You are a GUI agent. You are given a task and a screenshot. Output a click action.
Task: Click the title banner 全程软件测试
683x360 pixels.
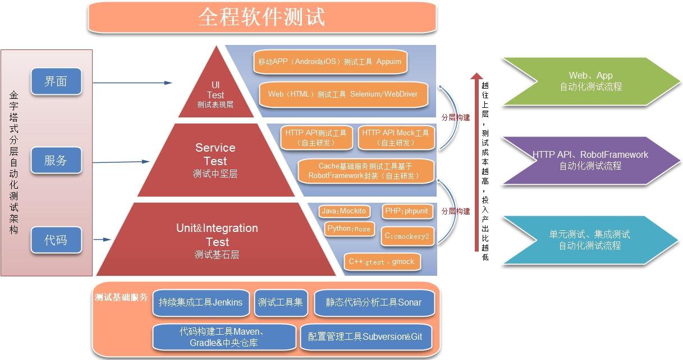pyautogui.click(x=262, y=17)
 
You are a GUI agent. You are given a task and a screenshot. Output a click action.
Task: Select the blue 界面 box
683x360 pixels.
pyautogui.click(x=56, y=81)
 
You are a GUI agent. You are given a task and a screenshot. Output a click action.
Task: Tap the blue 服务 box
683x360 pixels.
pyautogui.click(x=56, y=161)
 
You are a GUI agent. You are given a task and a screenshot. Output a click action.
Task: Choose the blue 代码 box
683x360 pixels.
pyautogui.click(x=56, y=240)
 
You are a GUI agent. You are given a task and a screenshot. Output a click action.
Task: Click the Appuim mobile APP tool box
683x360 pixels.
pyautogui.click(x=330, y=62)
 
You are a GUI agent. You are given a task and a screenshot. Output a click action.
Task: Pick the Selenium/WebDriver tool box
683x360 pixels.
pyautogui.click(x=343, y=94)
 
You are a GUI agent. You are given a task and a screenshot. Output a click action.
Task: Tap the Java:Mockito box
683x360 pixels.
pyautogui.click(x=343, y=211)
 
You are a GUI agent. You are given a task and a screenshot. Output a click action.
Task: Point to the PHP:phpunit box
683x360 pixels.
pyautogui.click(x=406, y=211)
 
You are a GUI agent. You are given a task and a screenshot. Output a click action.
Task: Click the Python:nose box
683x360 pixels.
pyautogui.click(x=349, y=229)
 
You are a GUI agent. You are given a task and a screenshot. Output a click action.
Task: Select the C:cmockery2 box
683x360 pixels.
pyautogui.click(x=407, y=236)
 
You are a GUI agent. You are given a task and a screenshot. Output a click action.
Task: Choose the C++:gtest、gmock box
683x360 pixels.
pyautogui.click(x=381, y=262)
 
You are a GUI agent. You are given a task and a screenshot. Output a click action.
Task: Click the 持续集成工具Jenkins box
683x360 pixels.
pyautogui.click(x=200, y=303)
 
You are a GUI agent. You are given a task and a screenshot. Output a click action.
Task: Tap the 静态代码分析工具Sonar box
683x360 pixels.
pyautogui.click(x=374, y=303)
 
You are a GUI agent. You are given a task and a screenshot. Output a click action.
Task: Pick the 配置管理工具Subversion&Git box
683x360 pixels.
pyautogui.click(x=365, y=337)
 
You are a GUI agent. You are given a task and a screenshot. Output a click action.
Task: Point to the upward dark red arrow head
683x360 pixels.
pyautogui.click(x=476, y=76)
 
